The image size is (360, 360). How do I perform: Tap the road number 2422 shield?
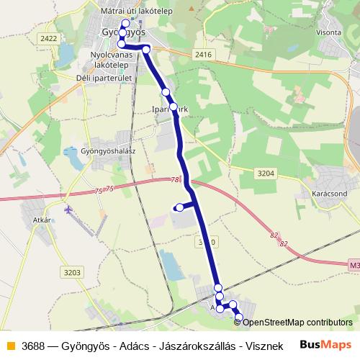pos(49,38)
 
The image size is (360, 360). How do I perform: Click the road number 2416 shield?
pos(204,55)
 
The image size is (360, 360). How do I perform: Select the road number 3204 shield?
pos(266,173)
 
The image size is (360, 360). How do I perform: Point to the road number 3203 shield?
pos(71,272)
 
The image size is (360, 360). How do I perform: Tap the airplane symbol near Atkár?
pos(68,210)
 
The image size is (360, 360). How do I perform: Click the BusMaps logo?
pos(327,346)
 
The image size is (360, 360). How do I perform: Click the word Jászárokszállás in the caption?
pos(192,346)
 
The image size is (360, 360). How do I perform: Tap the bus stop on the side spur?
pos(179,208)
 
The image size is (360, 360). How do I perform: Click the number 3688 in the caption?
pos(35,346)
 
